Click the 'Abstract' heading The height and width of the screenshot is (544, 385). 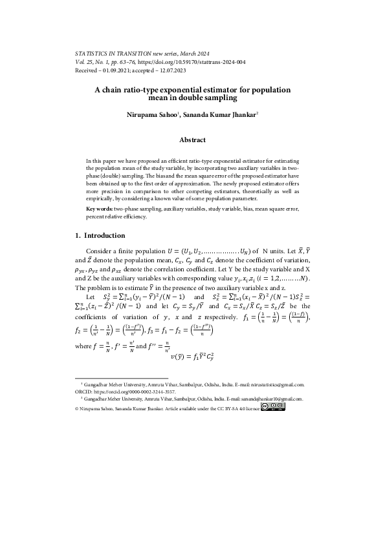[192, 140]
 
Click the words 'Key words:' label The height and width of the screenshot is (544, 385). [100, 210]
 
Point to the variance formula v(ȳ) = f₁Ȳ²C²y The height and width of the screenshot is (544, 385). [192, 356]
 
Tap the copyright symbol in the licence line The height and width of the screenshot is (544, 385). [78, 408]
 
